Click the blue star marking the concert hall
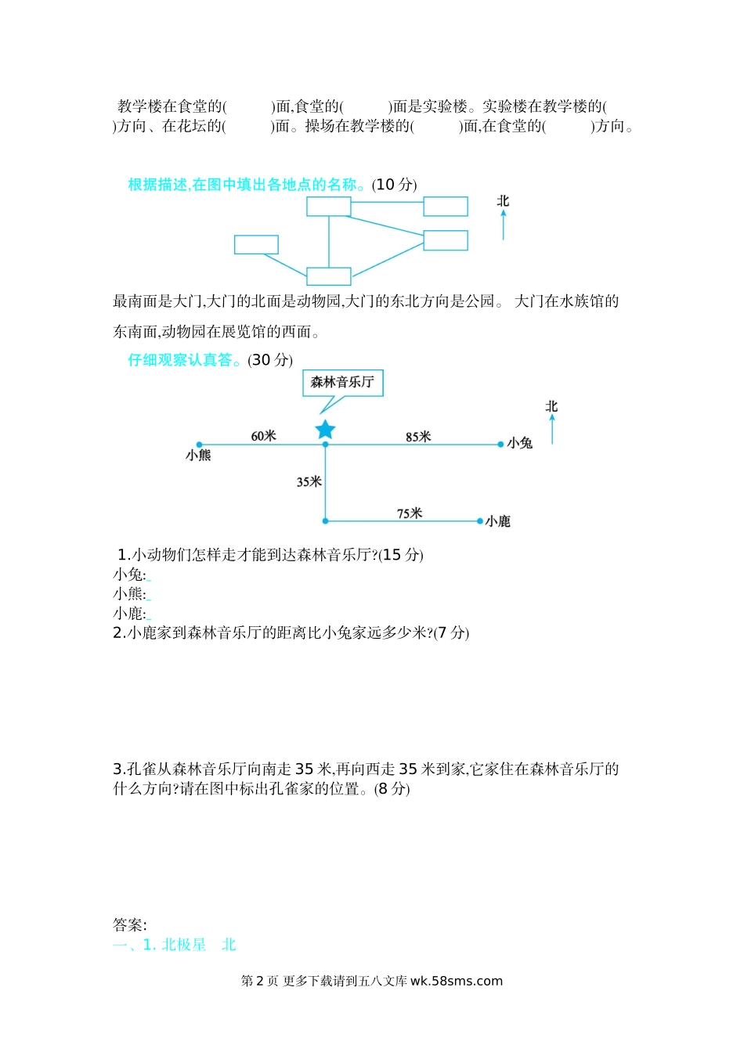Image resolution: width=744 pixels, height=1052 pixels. (x=325, y=430)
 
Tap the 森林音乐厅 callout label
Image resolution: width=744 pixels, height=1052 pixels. (x=342, y=383)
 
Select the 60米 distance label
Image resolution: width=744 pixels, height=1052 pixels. (x=263, y=436)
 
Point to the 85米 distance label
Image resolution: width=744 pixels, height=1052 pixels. (x=418, y=437)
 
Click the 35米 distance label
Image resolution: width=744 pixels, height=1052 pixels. (x=309, y=482)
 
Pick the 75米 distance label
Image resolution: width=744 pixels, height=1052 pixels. (x=409, y=513)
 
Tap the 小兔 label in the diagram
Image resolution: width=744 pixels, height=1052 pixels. (x=520, y=443)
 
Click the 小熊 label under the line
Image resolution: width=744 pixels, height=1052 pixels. (x=198, y=456)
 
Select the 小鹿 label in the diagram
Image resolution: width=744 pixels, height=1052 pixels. (x=498, y=521)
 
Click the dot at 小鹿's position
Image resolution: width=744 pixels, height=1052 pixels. (x=480, y=521)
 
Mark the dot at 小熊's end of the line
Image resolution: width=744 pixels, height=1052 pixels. (x=200, y=445)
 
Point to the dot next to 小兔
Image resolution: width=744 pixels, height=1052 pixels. (x=501, y=445)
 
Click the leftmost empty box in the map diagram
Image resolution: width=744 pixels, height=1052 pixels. (x=256, y=244)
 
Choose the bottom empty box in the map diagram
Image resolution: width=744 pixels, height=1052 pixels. (x=328, y=276)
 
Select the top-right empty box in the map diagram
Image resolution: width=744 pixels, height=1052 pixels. (x=446, y=207)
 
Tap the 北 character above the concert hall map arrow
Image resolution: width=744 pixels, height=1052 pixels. (x=551, y=406)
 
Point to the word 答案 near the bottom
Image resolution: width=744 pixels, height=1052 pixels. (x=129, y=925)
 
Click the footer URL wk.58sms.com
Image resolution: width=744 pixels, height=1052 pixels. (x=457, y=981)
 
